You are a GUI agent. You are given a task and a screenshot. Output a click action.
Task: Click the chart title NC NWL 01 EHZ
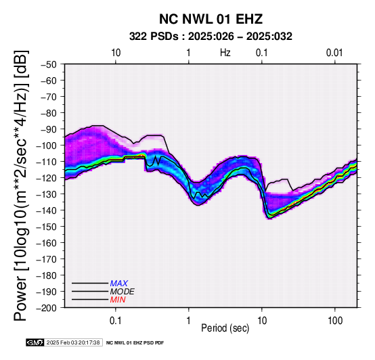pos(211,19)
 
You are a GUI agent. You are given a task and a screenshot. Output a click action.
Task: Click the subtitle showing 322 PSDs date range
pos(211,37)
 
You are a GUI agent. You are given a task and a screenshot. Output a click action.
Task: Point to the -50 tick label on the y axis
pos(48,64)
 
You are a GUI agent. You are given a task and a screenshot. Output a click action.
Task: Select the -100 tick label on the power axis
pos(46,145)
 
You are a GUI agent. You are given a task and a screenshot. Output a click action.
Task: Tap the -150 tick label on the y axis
pos(46,227)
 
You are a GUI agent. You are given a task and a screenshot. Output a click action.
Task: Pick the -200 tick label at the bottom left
pos(46,308)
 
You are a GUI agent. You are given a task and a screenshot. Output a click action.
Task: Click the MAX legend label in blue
pos(119,284)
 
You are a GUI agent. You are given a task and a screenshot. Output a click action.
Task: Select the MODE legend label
pos(123,292)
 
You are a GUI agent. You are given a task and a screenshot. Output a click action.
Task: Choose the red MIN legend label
pos(118,300)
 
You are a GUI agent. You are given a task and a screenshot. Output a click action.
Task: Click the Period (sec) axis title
pos(225,328)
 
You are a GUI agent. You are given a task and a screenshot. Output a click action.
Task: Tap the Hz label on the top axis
pos(225,53)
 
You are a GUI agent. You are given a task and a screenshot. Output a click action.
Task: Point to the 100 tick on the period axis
pos(335,321)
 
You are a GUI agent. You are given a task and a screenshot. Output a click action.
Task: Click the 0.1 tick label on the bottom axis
pos(116,321)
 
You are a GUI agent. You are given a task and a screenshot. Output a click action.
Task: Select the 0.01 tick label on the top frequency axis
pos(334,53)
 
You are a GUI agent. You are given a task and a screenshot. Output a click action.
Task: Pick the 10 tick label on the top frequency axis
pos(116,53)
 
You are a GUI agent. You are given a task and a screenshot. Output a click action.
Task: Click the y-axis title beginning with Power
pos(21,185)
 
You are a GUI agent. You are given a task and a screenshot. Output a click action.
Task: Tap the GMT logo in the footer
pos(35,342)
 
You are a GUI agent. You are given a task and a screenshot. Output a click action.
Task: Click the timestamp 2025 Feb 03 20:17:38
pos(73,342)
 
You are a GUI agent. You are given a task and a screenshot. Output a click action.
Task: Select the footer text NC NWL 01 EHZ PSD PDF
pos(135,343)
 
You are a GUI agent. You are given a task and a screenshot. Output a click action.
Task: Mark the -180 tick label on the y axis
pos(46,275)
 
